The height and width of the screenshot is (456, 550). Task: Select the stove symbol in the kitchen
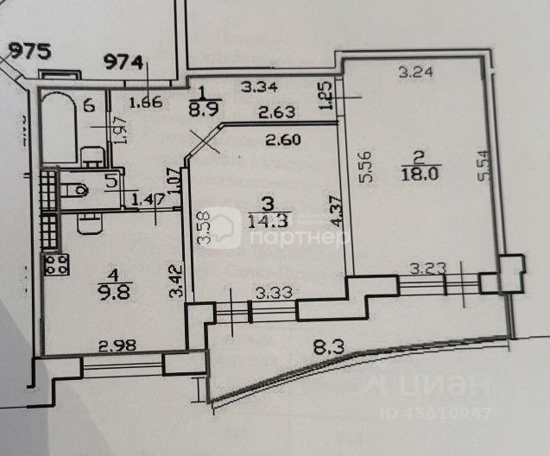point(58,264)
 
